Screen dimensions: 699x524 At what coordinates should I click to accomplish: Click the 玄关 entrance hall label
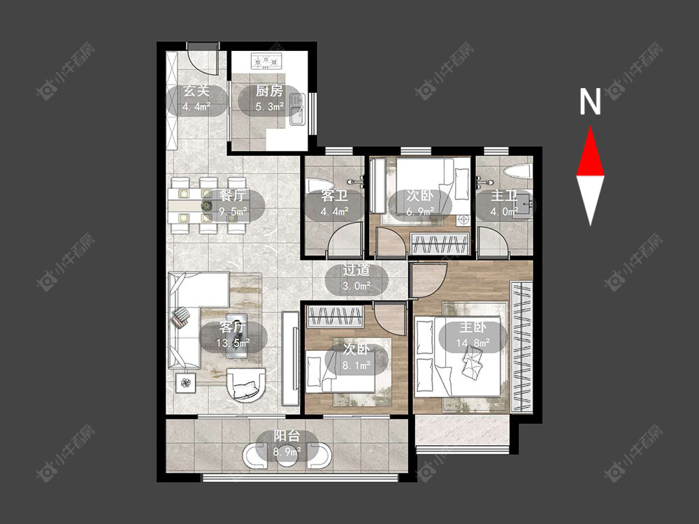coord(196,92)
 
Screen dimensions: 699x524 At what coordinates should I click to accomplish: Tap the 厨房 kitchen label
coord(269,92)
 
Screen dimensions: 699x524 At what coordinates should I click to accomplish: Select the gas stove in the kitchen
coord(266,61)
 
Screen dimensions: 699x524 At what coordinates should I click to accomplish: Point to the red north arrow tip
coord(591,127)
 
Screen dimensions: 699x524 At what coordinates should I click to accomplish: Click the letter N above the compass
coord(590,101)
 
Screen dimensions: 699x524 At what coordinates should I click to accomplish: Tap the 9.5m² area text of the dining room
coord(233,212)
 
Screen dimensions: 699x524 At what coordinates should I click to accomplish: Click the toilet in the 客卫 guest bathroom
coord(319,188)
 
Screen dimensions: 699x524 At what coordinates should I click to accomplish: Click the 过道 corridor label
coord(356,270)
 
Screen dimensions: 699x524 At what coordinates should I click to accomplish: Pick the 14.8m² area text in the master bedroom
coord(473,342)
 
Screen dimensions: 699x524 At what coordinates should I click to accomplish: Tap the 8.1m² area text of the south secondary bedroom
coord(356,365)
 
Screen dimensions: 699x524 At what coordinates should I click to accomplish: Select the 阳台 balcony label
coord(287,436)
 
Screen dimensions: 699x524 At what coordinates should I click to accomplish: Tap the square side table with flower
coord(185,383)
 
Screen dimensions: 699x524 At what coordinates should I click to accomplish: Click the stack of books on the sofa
coord(180,316)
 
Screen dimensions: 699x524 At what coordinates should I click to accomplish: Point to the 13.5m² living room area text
coord(233,342)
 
